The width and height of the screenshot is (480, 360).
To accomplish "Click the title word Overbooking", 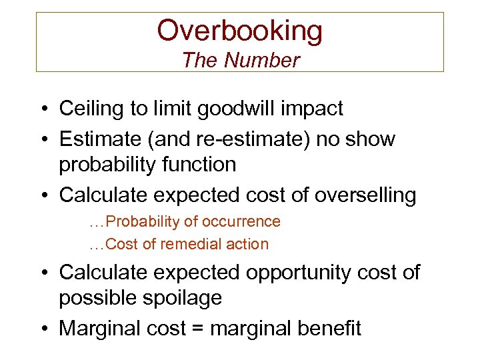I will pos(240,31).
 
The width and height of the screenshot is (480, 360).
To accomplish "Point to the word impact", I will pos(315,109).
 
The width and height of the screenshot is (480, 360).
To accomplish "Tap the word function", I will pos(199,164).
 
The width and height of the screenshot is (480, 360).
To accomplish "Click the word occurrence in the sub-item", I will pos(242,221).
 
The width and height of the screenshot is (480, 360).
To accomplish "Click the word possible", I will pos(96,297).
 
